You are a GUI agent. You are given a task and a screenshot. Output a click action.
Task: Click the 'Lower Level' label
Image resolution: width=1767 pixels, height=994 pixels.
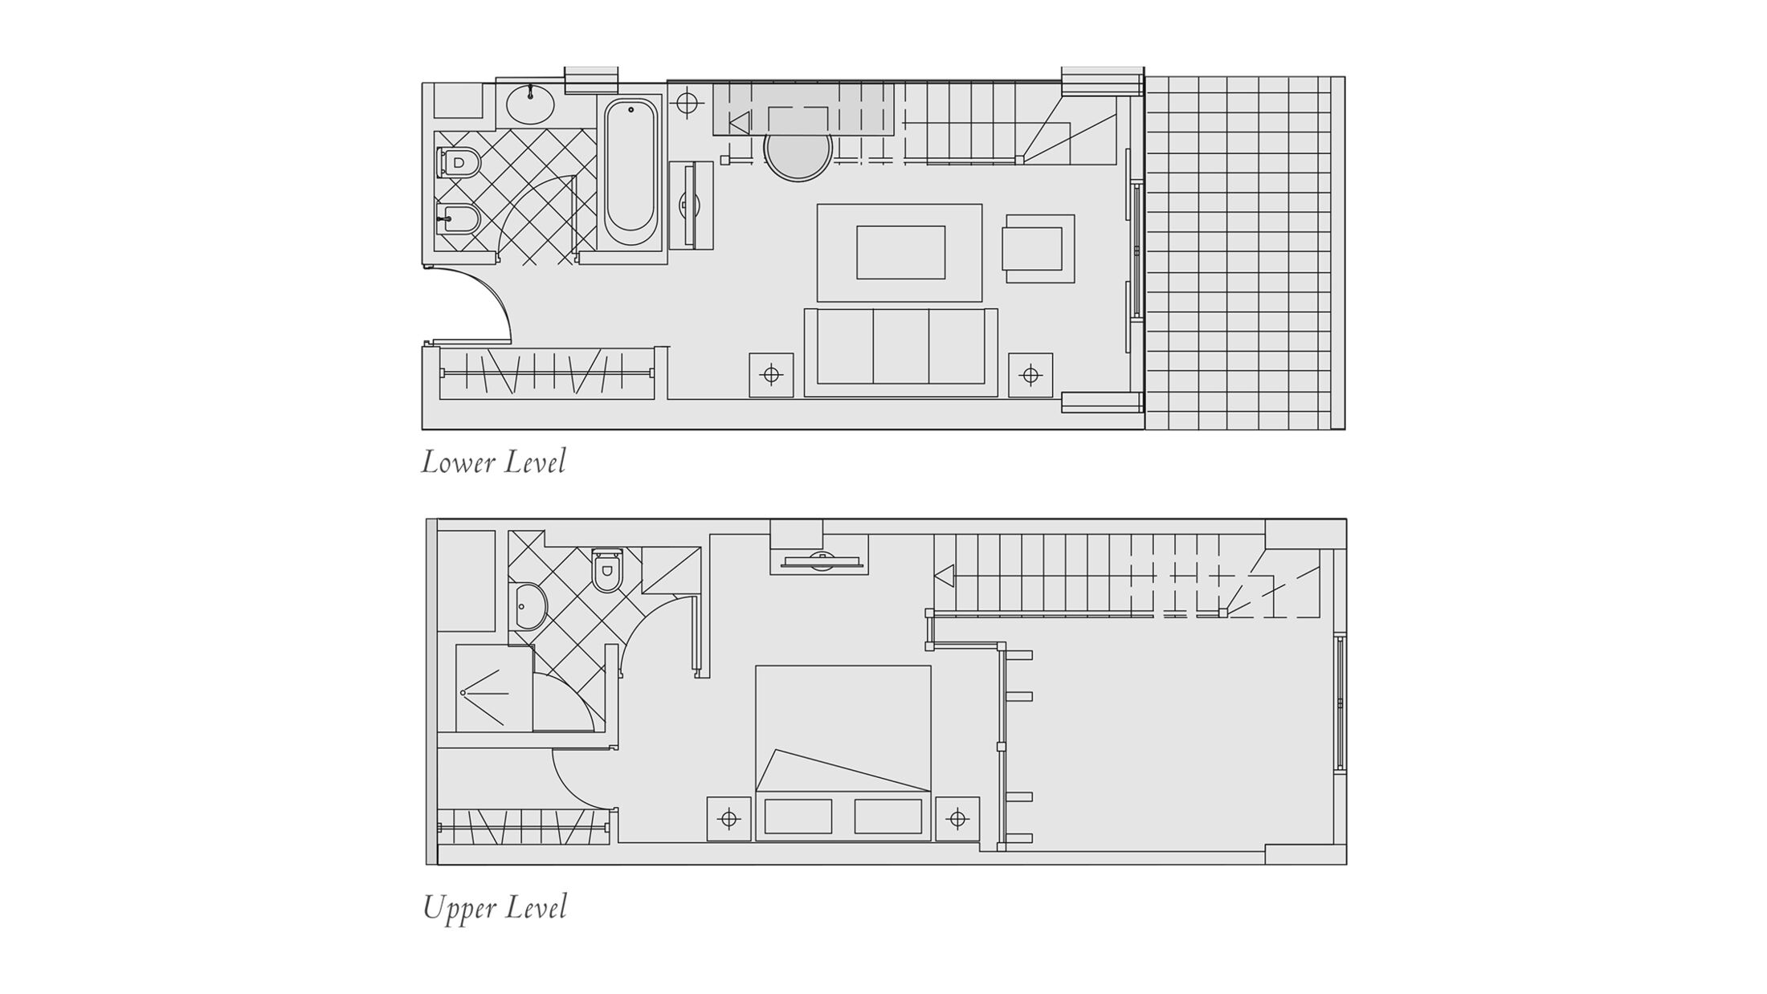coord(494,462)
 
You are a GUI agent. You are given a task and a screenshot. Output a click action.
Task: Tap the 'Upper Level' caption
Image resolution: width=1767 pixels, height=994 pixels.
coord(495,908)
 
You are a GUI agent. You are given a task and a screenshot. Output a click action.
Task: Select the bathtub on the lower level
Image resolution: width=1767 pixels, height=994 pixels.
coord(630,172)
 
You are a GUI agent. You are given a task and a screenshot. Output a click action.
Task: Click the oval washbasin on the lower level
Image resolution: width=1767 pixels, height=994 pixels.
coord(530,104)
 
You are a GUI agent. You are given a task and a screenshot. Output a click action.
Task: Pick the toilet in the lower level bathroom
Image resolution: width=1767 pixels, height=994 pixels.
coord(458,162)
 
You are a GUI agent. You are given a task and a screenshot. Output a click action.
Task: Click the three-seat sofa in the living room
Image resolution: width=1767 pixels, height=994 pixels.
coord(901,352)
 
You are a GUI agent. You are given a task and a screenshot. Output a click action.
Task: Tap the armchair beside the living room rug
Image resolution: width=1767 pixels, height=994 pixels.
coord(1038,249)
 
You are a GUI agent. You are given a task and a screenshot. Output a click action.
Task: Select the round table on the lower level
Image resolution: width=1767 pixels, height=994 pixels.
coord(798,155)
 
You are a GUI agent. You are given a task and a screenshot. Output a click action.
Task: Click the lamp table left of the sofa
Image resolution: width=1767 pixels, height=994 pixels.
coord(771,375)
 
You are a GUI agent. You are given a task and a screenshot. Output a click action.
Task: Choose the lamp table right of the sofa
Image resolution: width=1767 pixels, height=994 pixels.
coord(1030,375)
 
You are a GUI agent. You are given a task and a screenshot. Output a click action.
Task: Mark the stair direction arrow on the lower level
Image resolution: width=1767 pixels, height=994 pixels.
coord(739,123)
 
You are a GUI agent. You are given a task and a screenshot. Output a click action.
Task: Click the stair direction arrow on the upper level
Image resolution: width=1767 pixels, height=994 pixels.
coord(944,576)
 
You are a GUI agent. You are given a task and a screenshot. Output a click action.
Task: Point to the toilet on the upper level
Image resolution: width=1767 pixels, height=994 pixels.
coord(606,570)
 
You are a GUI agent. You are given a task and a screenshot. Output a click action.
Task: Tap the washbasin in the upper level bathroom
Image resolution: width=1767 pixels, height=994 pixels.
coord(530,606)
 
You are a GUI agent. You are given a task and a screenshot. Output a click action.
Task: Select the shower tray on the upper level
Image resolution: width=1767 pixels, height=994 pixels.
coord(494,688)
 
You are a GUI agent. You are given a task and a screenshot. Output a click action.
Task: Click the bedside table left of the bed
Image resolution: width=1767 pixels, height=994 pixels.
coord(729,819)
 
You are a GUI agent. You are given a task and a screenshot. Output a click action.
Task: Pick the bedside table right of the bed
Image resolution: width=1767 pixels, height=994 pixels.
coord(957,819)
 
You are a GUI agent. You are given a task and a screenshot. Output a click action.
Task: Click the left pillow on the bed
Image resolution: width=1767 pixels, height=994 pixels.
coord(798,817)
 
